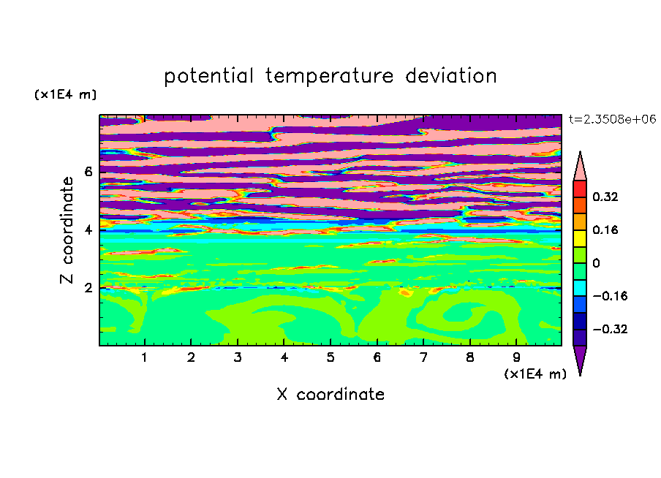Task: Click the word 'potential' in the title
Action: [208, 77]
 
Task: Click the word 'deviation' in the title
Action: [451, 76]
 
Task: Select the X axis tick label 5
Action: [330, 357]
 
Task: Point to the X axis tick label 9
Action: [516, 357]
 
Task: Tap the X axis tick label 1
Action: [145, 357]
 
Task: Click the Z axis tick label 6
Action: [88, 172]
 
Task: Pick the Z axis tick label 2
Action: [88, 288]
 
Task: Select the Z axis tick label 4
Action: [88, 230]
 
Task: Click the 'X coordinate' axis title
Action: [330, 394]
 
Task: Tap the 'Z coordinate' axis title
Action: [67, 230]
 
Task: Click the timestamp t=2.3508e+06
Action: [612, 119]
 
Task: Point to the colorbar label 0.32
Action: [605, 197]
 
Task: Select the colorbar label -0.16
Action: [610, 296]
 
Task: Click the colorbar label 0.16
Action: [605, 229]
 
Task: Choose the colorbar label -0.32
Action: [610, 329]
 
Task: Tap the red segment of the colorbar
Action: [580, 189]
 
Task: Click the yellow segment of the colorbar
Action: [580, 238]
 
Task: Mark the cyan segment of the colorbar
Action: [580, 287]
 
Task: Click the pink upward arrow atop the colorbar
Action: [580, 167]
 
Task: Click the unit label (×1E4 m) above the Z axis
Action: [65, 94]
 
